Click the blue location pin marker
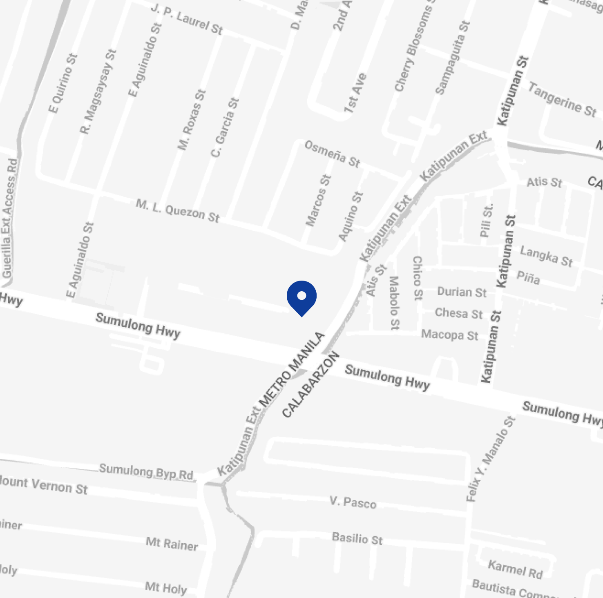(x=301, y=297)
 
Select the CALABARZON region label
(x=311, y=384)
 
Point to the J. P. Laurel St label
(x=187, y=19)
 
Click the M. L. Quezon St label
(x=178, y=210)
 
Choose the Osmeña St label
(x=332, y=154)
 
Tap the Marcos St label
(x=318, y=201)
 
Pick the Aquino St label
(x=351, y=216)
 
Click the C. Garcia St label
(x=225, y=127)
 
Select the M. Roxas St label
(x=192, y=120)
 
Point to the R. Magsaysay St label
(x=98, y=92)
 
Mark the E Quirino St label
(x=63, y=83)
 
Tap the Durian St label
(x=462, y=292)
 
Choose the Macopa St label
(x=449, y=335)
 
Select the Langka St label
(x=546, y=256)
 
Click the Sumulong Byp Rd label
(x=146, y=471)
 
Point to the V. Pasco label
(x=353, y=502)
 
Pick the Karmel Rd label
(x=515, y=569)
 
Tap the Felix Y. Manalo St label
(x=491, y=459)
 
